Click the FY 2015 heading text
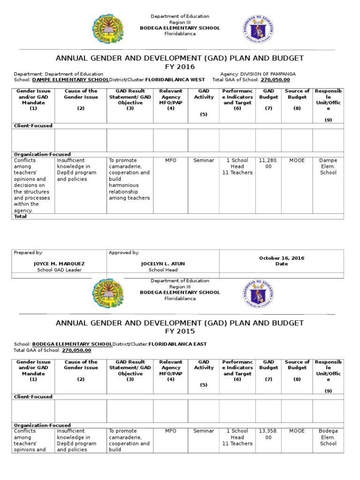180,331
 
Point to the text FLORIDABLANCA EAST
177,344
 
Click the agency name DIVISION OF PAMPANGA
268,74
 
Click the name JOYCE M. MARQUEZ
59,264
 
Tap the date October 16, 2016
281,258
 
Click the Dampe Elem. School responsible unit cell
328,166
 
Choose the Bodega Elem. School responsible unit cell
328,437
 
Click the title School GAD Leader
59,270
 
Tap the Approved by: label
124,253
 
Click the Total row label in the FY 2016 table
21,217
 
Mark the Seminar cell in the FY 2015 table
203,431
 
